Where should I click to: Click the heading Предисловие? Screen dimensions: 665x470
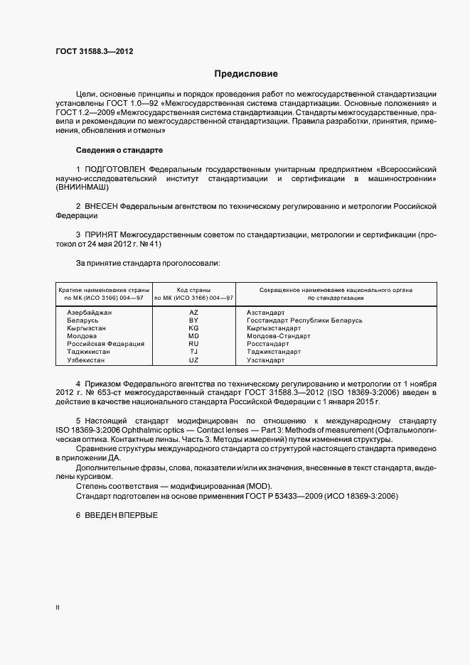(x=247, y=74)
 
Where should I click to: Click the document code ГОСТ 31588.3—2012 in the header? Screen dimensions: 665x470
(x=95, y=51)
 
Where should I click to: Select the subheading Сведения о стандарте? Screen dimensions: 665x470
(x=119, y=151)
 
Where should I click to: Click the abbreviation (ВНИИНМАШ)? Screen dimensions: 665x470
(x=82, y=188)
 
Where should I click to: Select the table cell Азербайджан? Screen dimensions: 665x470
(x=90, y=312)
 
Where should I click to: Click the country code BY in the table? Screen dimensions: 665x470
(x=193, y=320)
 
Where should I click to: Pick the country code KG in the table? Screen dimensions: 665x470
(x=193, y=328)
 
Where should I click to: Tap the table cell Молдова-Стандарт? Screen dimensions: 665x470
(x=274, y=336)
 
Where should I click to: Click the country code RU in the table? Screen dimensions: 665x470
(x=193, y=344)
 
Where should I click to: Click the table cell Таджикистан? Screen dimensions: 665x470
(x=89, y=352)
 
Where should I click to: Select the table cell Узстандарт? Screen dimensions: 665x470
(x=265, y=360)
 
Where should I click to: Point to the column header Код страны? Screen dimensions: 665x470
(x=193, y=290)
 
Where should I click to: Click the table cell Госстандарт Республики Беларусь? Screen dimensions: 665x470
(x=304, y=320)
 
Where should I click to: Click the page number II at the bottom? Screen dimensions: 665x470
(x=58, y=608)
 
